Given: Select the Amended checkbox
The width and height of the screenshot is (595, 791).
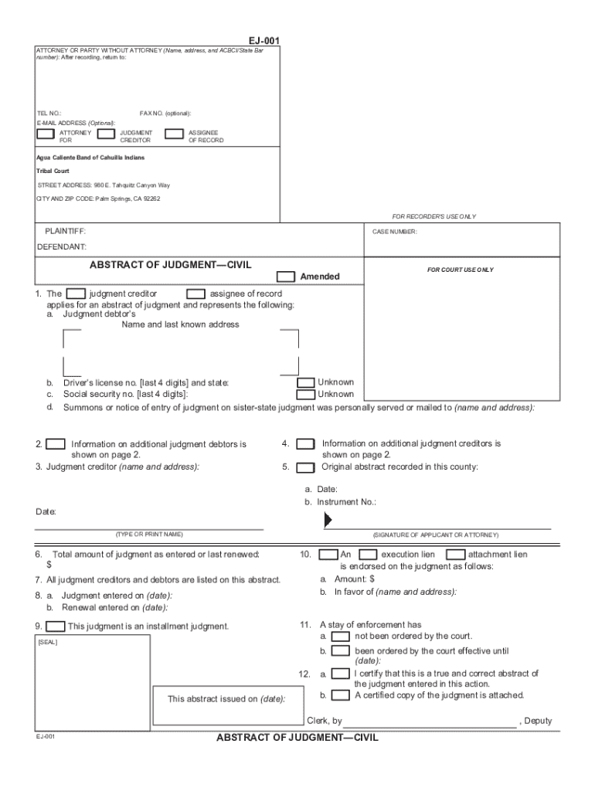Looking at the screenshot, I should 286,277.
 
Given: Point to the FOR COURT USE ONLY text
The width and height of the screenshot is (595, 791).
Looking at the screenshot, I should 461,270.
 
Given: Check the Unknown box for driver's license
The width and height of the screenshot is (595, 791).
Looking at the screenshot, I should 306,382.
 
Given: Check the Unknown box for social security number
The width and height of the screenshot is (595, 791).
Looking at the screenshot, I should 306,394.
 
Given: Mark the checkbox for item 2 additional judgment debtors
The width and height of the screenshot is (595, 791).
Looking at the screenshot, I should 56,444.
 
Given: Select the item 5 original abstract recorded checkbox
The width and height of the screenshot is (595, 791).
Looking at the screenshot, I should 306,467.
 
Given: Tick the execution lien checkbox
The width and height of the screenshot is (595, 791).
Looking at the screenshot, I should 369,555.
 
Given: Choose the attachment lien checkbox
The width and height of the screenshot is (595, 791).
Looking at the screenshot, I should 456,555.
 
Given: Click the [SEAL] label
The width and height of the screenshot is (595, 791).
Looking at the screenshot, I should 47,642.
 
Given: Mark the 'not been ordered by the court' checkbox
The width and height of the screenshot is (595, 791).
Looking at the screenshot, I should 339,637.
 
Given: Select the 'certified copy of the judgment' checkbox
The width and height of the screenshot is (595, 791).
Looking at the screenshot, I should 339,695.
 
